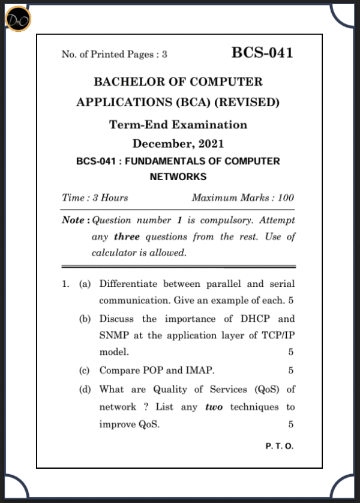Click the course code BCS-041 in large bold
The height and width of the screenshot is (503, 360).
pos(262,53)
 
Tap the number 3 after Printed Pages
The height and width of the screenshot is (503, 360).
pos(164,55)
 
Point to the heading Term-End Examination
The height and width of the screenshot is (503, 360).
pos(178,125)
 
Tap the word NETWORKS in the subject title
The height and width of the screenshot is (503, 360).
pos(178,176)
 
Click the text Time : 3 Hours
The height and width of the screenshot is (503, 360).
pos(95,197)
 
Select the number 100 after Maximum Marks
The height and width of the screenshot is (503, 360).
pos(286,197)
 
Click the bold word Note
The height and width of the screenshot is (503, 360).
pos(73,220)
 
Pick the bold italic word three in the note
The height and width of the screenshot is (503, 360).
pos(127,236)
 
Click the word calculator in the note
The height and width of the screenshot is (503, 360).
pos(113,253)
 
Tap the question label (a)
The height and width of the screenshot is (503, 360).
pos(85,283)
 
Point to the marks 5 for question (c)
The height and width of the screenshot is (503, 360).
pos(290,370)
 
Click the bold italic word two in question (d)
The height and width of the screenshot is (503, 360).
pos(214,407)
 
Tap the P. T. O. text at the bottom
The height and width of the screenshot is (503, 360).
pos(279,447)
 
